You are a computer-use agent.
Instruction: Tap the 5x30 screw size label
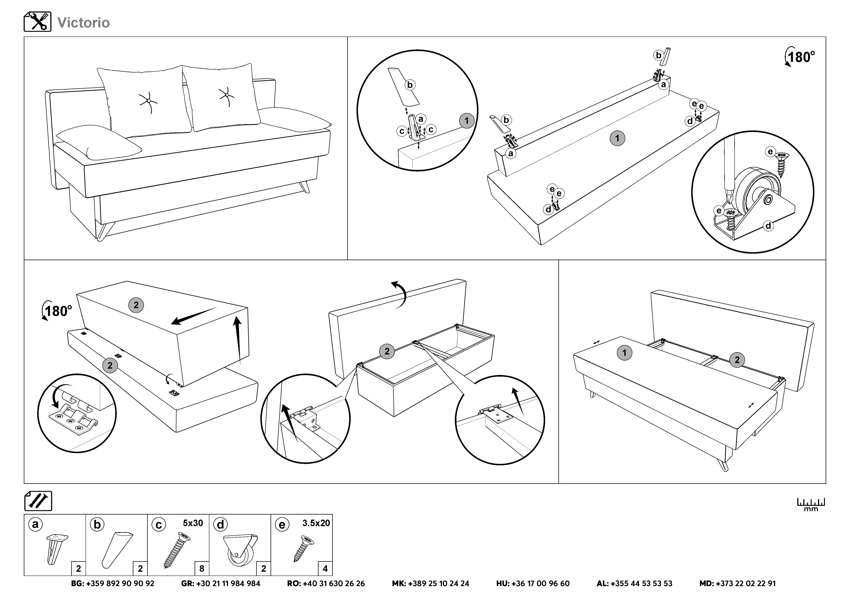(x=193, y=523)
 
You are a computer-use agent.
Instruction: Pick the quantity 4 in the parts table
(x=325, y=568)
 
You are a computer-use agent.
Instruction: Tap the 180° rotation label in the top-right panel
(x=801, y=57)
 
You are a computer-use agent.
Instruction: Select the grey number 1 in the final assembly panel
(x=624, y=353)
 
